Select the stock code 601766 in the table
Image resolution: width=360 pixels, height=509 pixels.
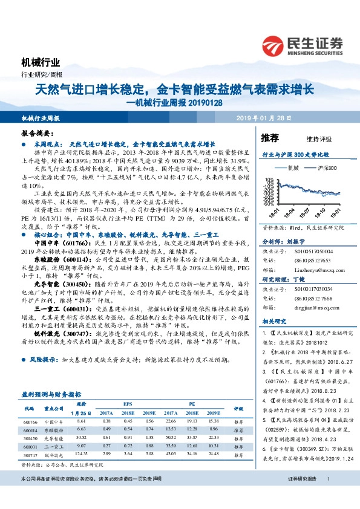pyautogui.click(x=31, y=421)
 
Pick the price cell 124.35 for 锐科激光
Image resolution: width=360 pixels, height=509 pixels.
pyautogui.click(x=83, y=453)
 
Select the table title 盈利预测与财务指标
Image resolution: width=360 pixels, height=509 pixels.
pyautogui.click(x=51, y=393)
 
